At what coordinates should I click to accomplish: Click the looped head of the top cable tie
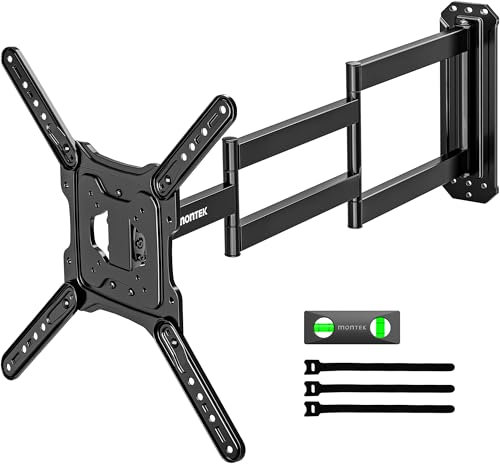313,368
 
